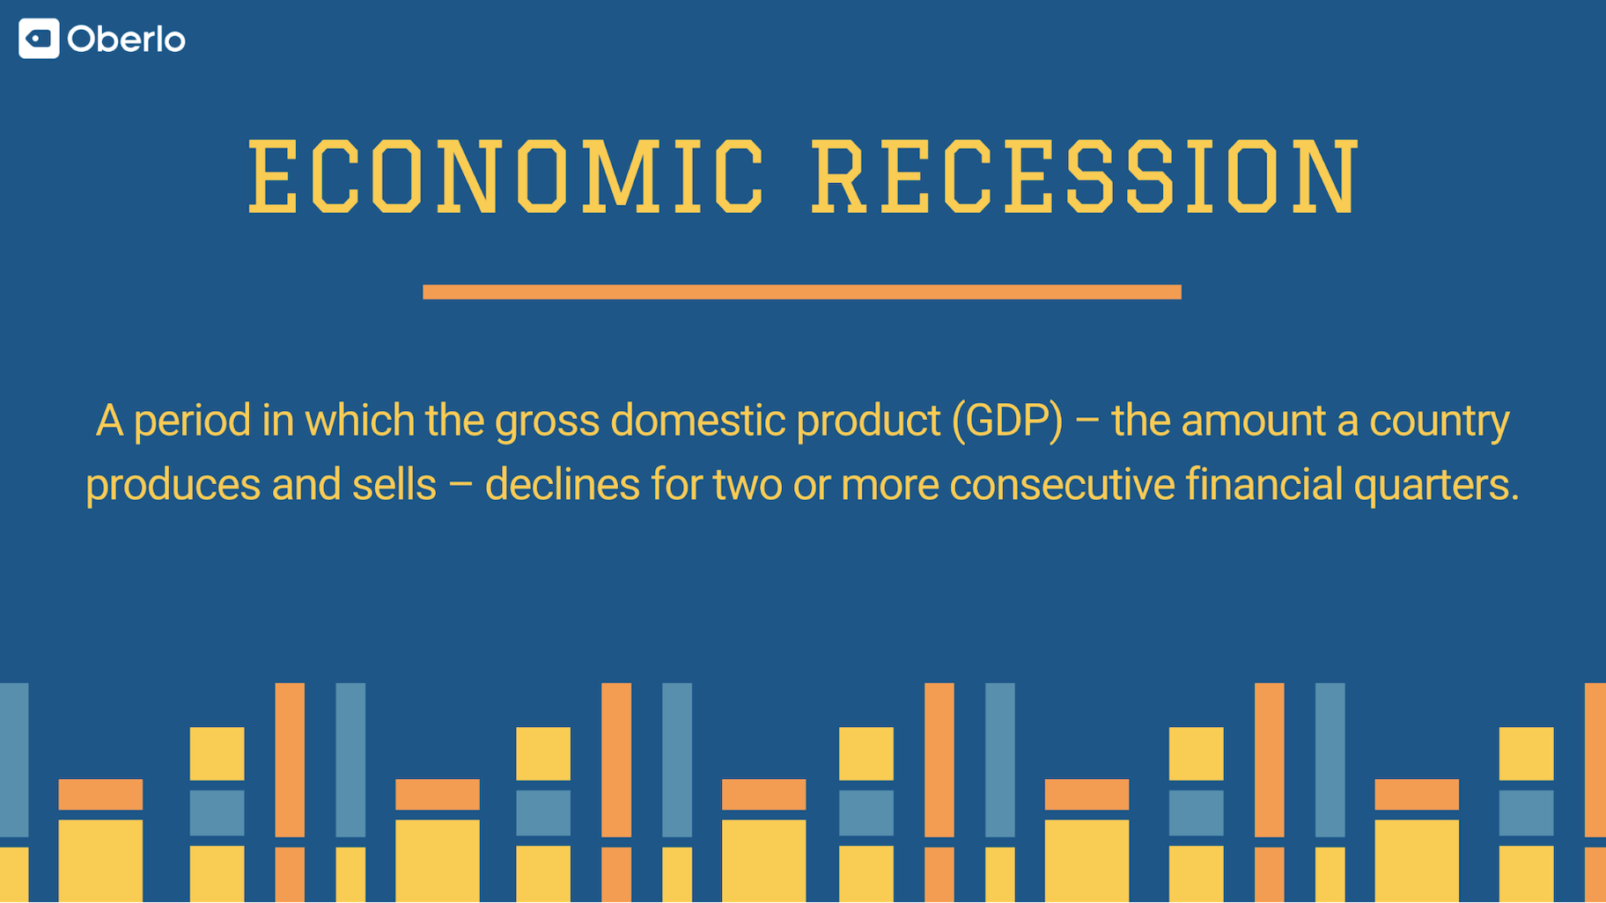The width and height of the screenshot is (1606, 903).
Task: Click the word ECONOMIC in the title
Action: tap(506, 177)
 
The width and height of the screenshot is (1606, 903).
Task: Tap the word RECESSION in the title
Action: tap(1086, 177)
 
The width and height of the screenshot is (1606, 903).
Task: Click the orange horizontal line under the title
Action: tap(802, 292)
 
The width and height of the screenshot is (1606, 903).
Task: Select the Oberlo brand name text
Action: tap(126, 40)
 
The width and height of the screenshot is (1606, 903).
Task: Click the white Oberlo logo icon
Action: tap(39, 39)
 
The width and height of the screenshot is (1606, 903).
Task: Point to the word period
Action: tap(192, 422)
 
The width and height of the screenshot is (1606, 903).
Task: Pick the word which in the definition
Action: tap(360, 420)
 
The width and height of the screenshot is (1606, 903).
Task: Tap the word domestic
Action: tap(697, 420)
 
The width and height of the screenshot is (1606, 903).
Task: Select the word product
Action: tap(868, 422)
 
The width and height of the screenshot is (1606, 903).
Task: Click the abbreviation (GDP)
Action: tap(1007, 421)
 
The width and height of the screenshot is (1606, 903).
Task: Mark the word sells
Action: tap(394, 484)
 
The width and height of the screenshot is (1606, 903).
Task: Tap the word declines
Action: tap(562, 484)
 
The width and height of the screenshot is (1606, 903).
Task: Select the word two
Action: tap(748, 485)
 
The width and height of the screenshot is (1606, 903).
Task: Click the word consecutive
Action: tap(1062, 484)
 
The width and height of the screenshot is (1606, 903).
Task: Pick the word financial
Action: tap(1263, 484)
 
